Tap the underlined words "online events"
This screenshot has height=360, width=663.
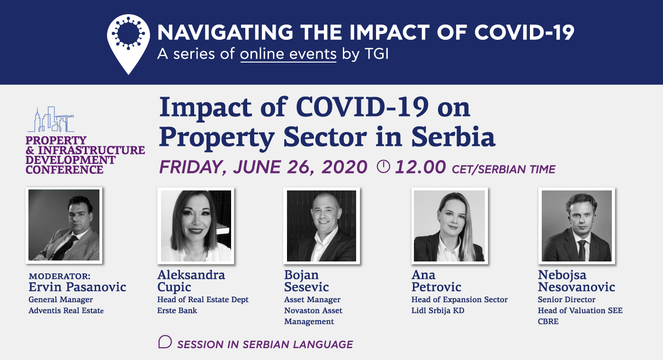tap(288, 54)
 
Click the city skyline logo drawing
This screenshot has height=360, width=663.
tap(51, 119)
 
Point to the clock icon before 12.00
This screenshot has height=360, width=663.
tap(383, 166)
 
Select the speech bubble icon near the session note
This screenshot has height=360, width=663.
tap(165, 342)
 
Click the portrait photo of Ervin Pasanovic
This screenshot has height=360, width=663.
tap(64, 225)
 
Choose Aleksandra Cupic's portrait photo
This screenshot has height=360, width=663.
tap(196, 225)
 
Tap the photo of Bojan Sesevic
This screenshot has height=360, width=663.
tap(322, 225)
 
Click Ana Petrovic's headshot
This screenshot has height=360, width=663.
tap(449, 225)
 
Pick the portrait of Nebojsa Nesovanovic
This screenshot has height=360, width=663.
tap(577, 225)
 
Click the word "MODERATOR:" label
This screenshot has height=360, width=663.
tap(60, 276)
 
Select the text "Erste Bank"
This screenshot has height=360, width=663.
tap(177, 311)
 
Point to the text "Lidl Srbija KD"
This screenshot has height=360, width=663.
tap(438, 311)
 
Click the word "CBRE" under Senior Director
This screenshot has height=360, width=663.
tap(548, 322)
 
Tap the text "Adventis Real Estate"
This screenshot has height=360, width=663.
tap(66, 311)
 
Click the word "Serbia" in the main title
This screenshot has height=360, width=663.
tap(453, 137)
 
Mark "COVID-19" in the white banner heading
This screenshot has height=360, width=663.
tap(525, 32)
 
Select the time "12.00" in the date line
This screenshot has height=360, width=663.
tap(421, 167)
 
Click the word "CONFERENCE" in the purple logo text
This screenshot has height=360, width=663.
tap(64, 170)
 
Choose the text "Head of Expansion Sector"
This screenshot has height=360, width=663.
tap(459, 299)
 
